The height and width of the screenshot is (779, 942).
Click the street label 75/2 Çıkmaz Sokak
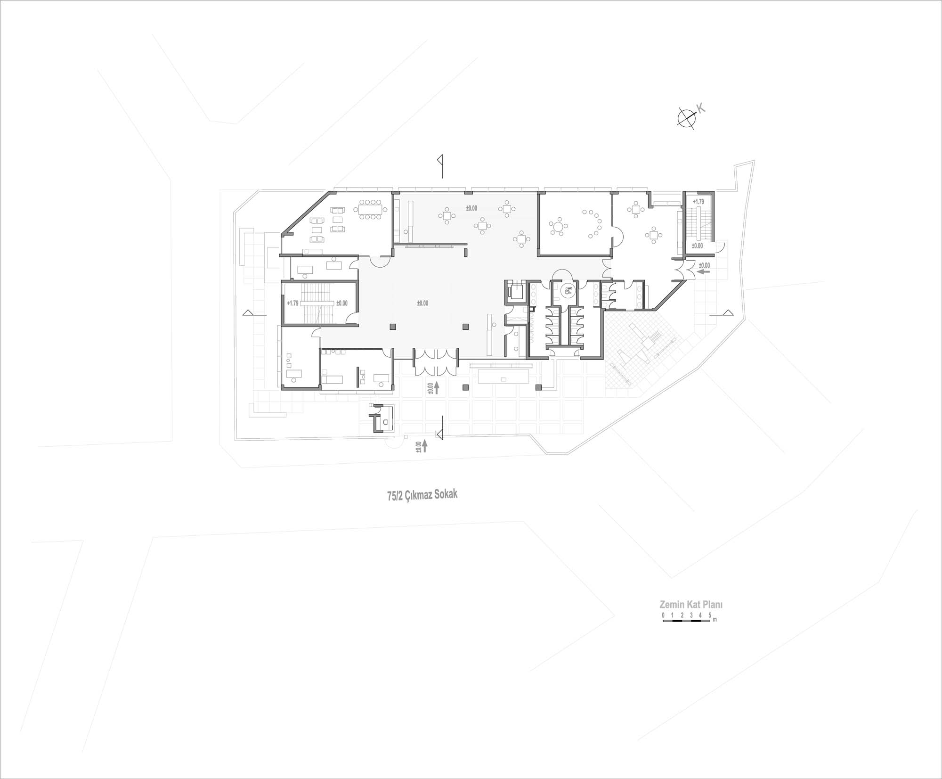[x=422, y=495]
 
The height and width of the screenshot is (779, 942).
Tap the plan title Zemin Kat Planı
[x=690, y=605]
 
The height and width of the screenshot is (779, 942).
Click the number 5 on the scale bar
[x=709, y=615]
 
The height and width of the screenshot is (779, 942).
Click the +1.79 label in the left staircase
[x=292, y=303]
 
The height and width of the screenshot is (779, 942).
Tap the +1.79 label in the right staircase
[x=698, y=202]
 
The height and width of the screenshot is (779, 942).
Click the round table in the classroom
[x=558, y=227]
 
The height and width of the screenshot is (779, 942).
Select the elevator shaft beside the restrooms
[x=515, y=291]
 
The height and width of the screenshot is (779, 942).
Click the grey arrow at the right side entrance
[x=704, y=271]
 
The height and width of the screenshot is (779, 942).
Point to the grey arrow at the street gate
[x=425, y=446]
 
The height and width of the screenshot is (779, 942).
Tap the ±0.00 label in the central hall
[x=422, y=303]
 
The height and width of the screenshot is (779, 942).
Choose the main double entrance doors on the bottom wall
[x=436, y=362]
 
